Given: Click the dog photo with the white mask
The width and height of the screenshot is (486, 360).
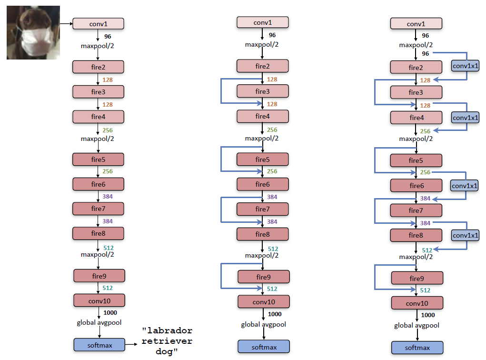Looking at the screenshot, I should (33, 32).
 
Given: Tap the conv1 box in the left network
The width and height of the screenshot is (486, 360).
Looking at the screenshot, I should (98, 23).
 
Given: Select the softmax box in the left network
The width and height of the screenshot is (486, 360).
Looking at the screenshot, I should (99, 345).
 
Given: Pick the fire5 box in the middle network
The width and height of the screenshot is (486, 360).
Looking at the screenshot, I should (262, 160).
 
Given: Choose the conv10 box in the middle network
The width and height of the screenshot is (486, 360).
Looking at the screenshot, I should (264, 301).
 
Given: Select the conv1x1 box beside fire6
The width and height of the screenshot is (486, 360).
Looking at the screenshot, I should (464, 185).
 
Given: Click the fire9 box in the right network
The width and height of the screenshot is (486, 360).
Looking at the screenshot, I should (417, 278).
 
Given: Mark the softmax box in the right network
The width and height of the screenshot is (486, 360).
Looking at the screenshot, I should (417, 348).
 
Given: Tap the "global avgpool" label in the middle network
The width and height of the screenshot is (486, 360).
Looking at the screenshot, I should (263, 325).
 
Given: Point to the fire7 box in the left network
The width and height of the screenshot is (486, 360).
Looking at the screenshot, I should (98, 209).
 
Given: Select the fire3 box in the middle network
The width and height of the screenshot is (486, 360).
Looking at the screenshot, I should (262, 91).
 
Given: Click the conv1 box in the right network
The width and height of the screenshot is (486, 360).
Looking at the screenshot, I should (416, 24).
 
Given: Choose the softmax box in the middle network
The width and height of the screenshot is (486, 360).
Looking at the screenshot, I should (263, 347).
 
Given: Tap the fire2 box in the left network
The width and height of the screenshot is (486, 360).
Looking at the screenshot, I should (98, 67).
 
